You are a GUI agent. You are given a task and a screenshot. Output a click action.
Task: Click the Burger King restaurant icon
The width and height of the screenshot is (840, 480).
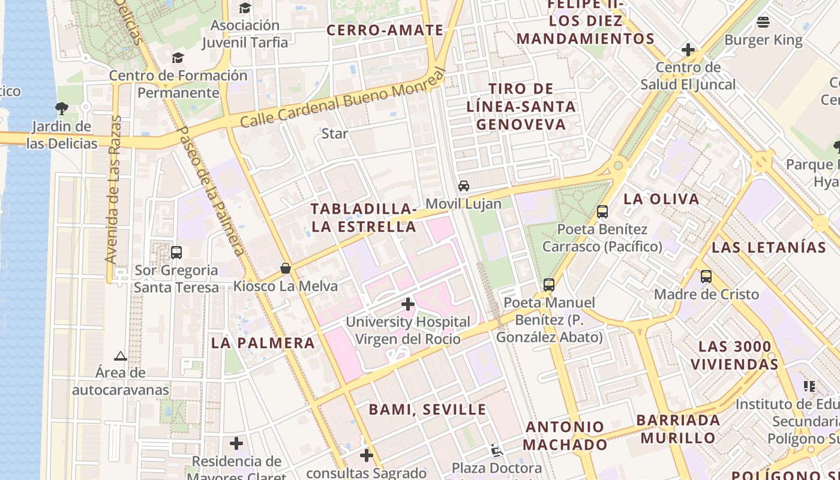763,23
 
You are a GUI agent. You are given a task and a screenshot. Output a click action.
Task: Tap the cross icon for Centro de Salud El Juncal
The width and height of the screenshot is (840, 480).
688,50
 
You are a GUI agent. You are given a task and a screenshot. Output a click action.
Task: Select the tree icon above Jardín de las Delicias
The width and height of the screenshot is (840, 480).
61,109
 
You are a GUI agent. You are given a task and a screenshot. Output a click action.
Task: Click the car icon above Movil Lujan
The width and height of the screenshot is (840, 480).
464,186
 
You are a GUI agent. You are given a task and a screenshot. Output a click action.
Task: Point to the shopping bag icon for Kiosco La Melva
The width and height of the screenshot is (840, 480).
286,268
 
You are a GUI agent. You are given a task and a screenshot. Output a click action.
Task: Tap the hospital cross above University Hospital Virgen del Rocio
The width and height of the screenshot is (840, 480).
408,304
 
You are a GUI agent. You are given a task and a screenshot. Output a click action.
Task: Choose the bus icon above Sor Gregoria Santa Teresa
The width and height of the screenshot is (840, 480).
176,253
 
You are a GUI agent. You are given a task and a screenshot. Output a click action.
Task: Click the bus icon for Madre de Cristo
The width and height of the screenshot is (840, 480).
706,277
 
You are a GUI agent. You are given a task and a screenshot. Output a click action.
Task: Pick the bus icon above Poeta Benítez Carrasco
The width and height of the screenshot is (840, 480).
602,212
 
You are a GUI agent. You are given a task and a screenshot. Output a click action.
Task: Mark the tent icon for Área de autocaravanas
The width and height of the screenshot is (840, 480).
121,356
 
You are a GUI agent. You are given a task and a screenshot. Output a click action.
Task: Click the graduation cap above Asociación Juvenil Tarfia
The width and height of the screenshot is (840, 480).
245,8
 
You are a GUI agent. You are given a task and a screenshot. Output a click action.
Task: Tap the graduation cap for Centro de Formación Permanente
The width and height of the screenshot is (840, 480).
178,58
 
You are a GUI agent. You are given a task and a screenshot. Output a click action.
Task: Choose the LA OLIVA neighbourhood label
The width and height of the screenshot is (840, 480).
662,199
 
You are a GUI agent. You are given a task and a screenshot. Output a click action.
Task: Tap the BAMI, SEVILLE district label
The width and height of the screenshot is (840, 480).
427,410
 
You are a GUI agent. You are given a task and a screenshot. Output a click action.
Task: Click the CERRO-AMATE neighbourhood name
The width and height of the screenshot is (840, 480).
385,30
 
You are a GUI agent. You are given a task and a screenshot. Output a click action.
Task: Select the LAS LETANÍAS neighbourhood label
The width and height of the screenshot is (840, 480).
769,247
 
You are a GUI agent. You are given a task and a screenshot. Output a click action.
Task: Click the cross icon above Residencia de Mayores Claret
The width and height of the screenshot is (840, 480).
236,444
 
